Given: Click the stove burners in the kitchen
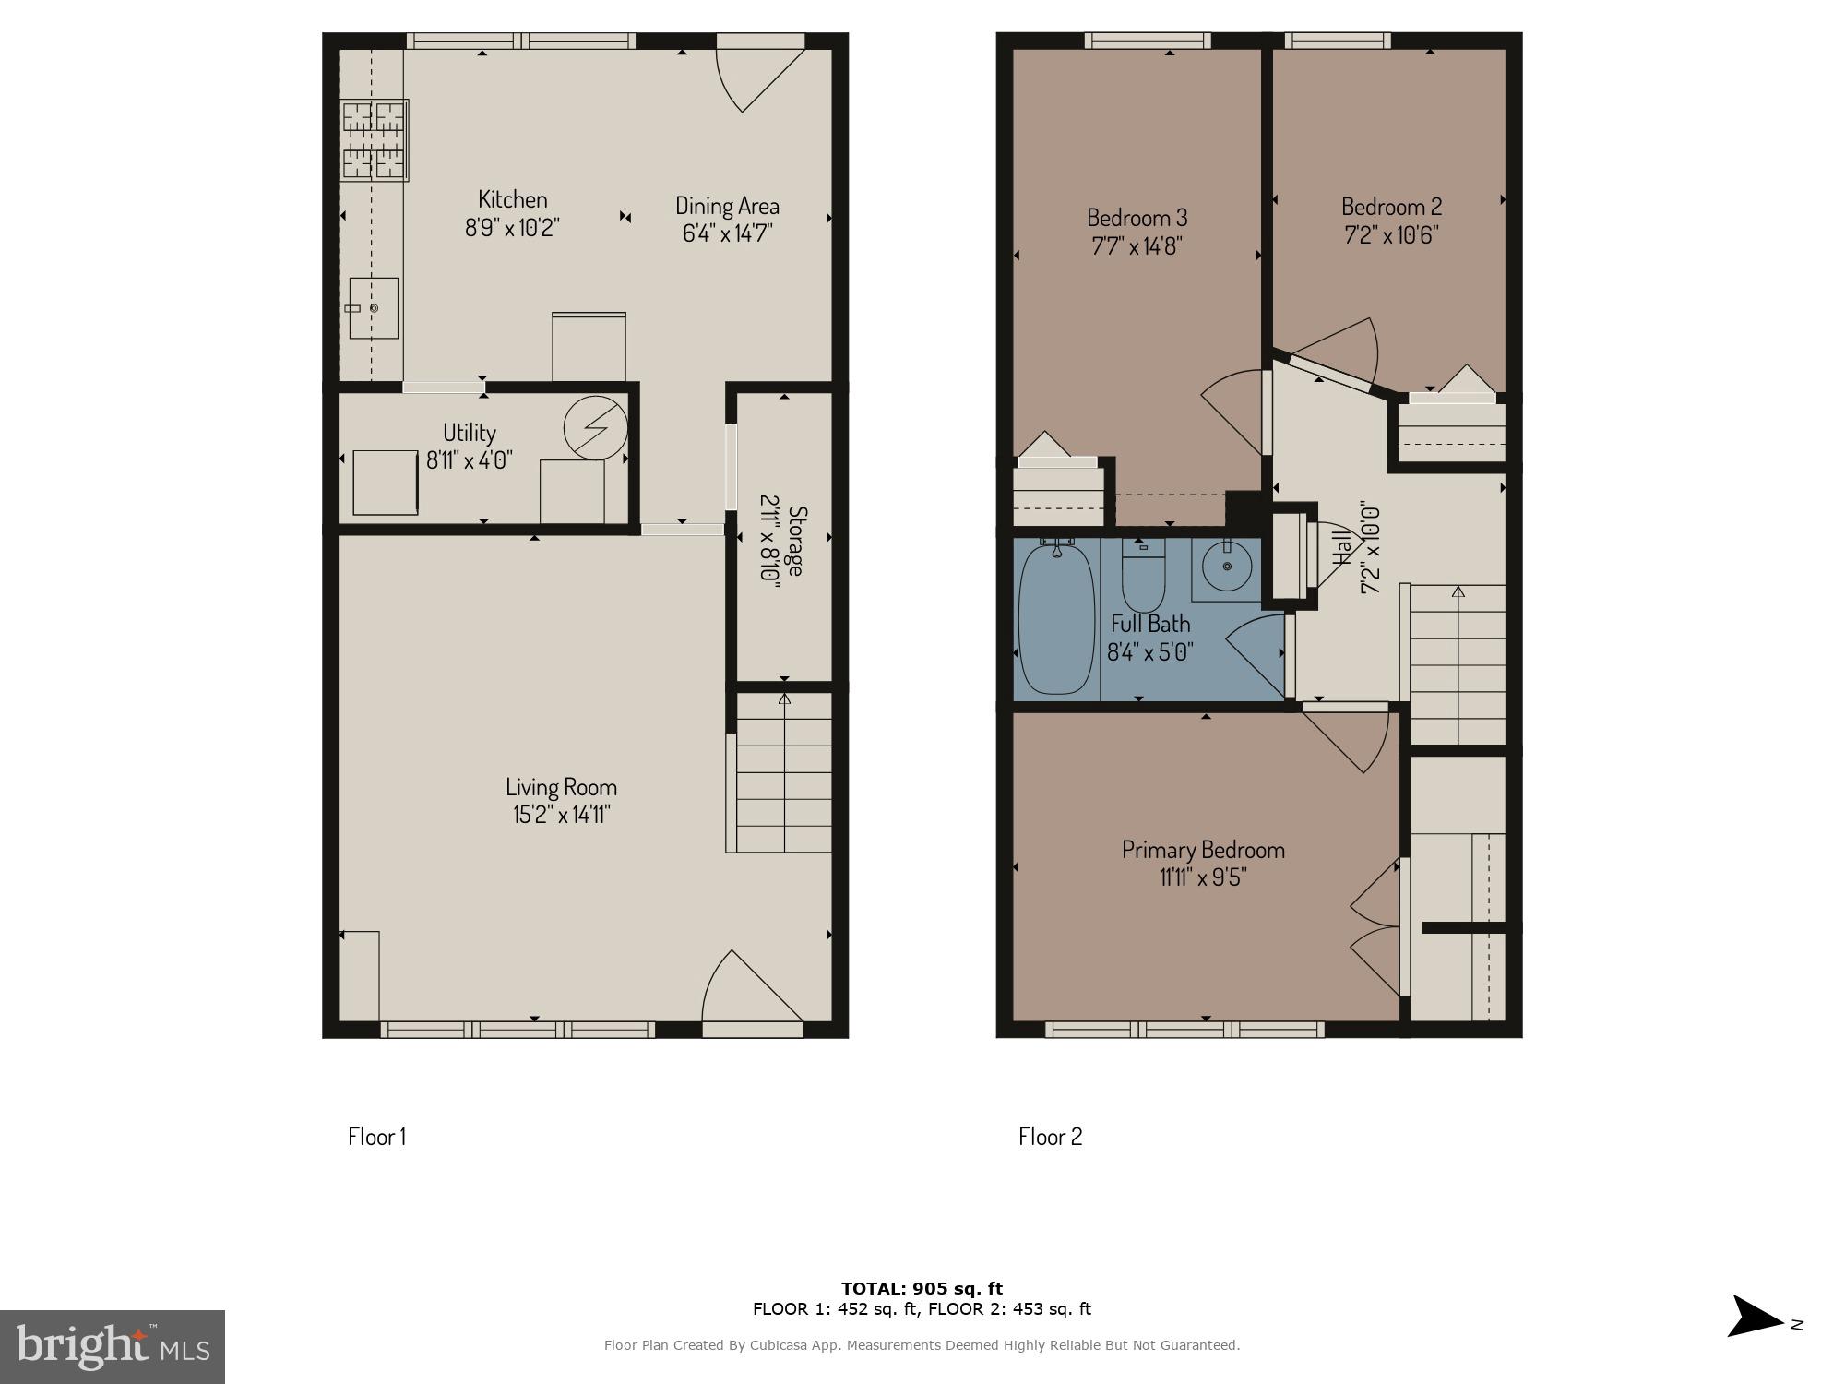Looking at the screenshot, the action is pos(374,139).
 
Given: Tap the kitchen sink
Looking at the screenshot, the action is pos(374,307).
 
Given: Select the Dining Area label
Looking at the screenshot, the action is pos(727,206).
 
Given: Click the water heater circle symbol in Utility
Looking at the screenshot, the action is pos(596,428).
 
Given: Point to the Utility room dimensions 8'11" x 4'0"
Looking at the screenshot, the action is pos(470,459).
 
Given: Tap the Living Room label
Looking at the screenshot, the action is pos(561,787).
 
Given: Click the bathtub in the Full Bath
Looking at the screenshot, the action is pos(1056,619).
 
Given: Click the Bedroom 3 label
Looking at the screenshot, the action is pos(1137,218).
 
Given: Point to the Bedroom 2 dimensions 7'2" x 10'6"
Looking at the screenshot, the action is pos(1391,234).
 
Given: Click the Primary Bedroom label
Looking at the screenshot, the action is pos(1203,849).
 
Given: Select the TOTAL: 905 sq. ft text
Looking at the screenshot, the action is pos(922,1288).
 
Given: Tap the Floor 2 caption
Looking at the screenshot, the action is pos(1050,1136).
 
